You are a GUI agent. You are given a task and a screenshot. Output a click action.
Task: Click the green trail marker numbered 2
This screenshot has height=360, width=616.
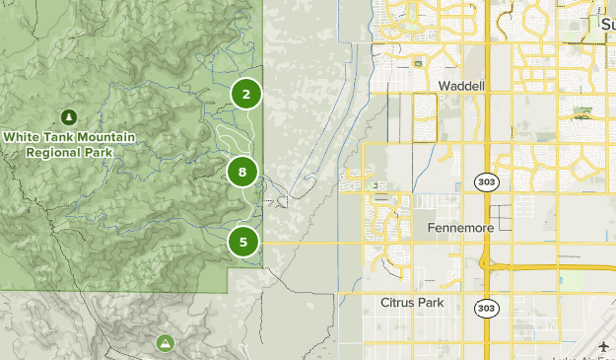(x=246, y=94)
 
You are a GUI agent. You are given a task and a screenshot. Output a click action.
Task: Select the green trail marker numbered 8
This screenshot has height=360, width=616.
(x=242, y=172)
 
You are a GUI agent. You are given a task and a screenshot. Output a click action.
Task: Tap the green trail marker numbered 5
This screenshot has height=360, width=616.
(x=243, y=241)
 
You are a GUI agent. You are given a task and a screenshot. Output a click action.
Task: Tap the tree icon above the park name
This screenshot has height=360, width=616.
(x=68, y=117)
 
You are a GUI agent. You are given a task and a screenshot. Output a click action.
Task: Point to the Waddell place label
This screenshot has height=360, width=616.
(x=462, y=86)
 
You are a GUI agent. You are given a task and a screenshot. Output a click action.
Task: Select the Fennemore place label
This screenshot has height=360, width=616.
(x=460, y=227)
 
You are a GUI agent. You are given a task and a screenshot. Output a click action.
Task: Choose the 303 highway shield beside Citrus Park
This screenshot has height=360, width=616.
(x=486, y=308)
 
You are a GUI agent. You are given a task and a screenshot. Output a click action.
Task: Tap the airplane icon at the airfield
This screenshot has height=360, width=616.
(x=602, y=345)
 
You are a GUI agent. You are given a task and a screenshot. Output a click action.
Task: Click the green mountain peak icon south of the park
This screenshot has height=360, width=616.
(x=166, y=342)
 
